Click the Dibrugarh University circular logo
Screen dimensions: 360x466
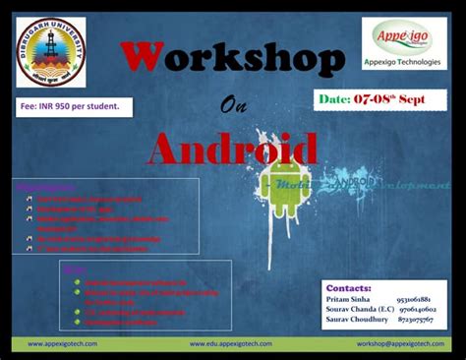click(x=50, y=53)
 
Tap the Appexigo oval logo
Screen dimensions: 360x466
click(x=403, y=37)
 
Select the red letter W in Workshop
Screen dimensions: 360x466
click(x=144, y=61)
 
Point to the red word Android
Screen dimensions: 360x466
click(x=233, y=150)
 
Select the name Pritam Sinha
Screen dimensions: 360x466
click(x=348, y=298)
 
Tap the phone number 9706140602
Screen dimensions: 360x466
click(x=417, y=309)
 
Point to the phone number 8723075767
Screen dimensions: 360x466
click(x=417, y=320)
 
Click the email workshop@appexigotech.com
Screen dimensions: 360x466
click(x=400, y=344)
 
